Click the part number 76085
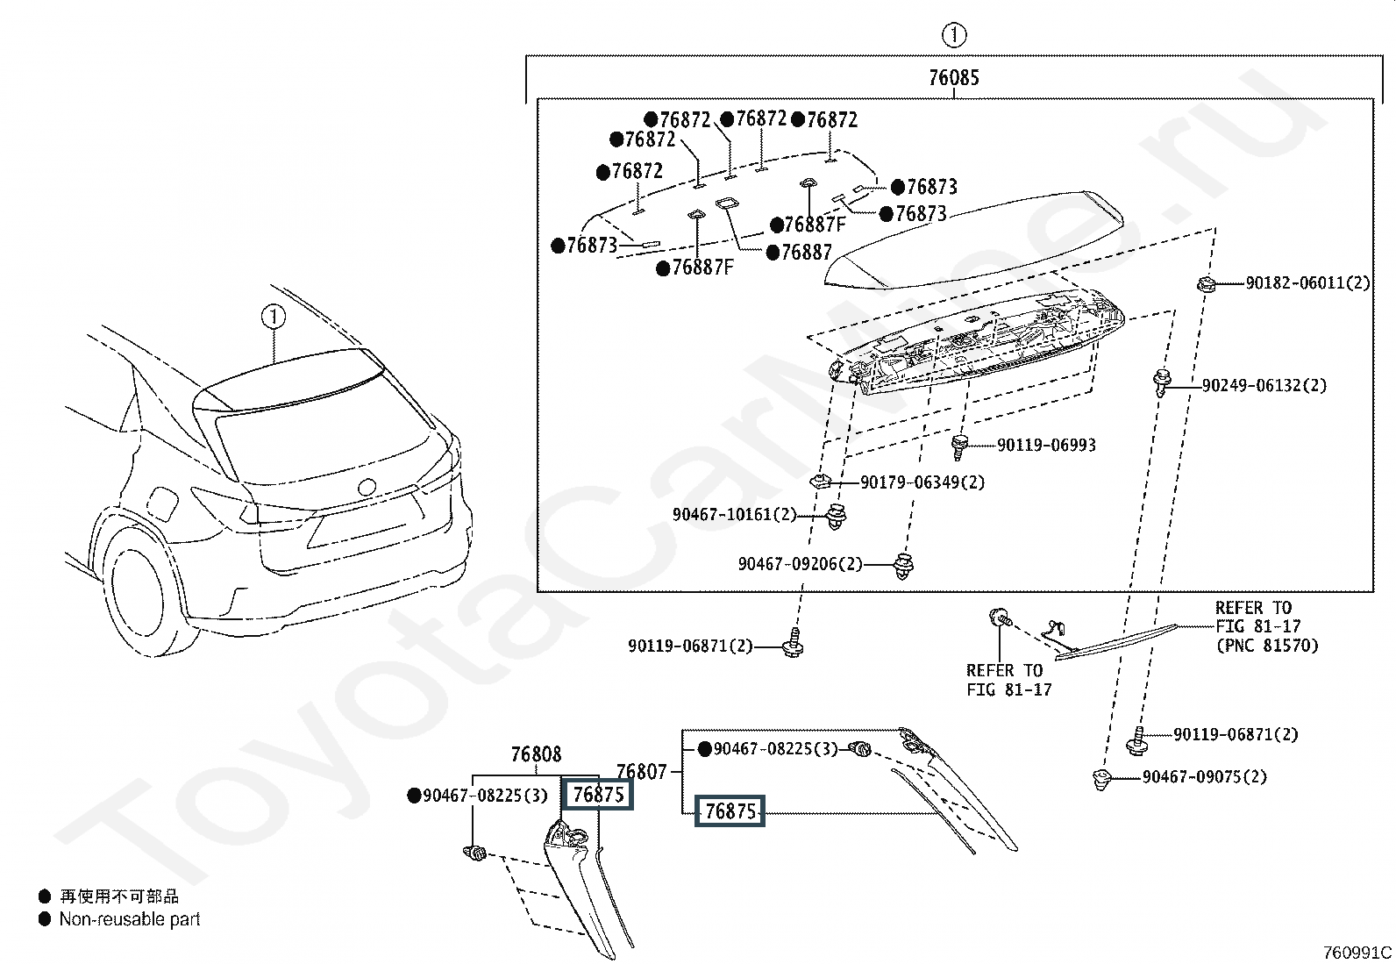(x=953, y=78)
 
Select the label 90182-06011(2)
(x=1307, y=283)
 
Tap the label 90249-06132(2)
(x=1264, y=385)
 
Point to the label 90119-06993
(x=1046, y=446)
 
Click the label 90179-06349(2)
(x=922, y=482)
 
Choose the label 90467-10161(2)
(x=734, y=514)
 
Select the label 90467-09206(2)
(x=800, y=564)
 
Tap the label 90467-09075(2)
(x=1204, y=777)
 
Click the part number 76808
(x=536, y=754)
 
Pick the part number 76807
(x=641, y=772)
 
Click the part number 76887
(x=806, y=253)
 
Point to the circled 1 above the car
(x=274, y=316)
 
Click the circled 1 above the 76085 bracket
(x=953, y=36)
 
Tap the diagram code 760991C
(x=1357, y=952)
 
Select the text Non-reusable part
(x=130, y=919)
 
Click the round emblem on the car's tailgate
(x=366, y=485)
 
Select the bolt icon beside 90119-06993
(x=960, y=446)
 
